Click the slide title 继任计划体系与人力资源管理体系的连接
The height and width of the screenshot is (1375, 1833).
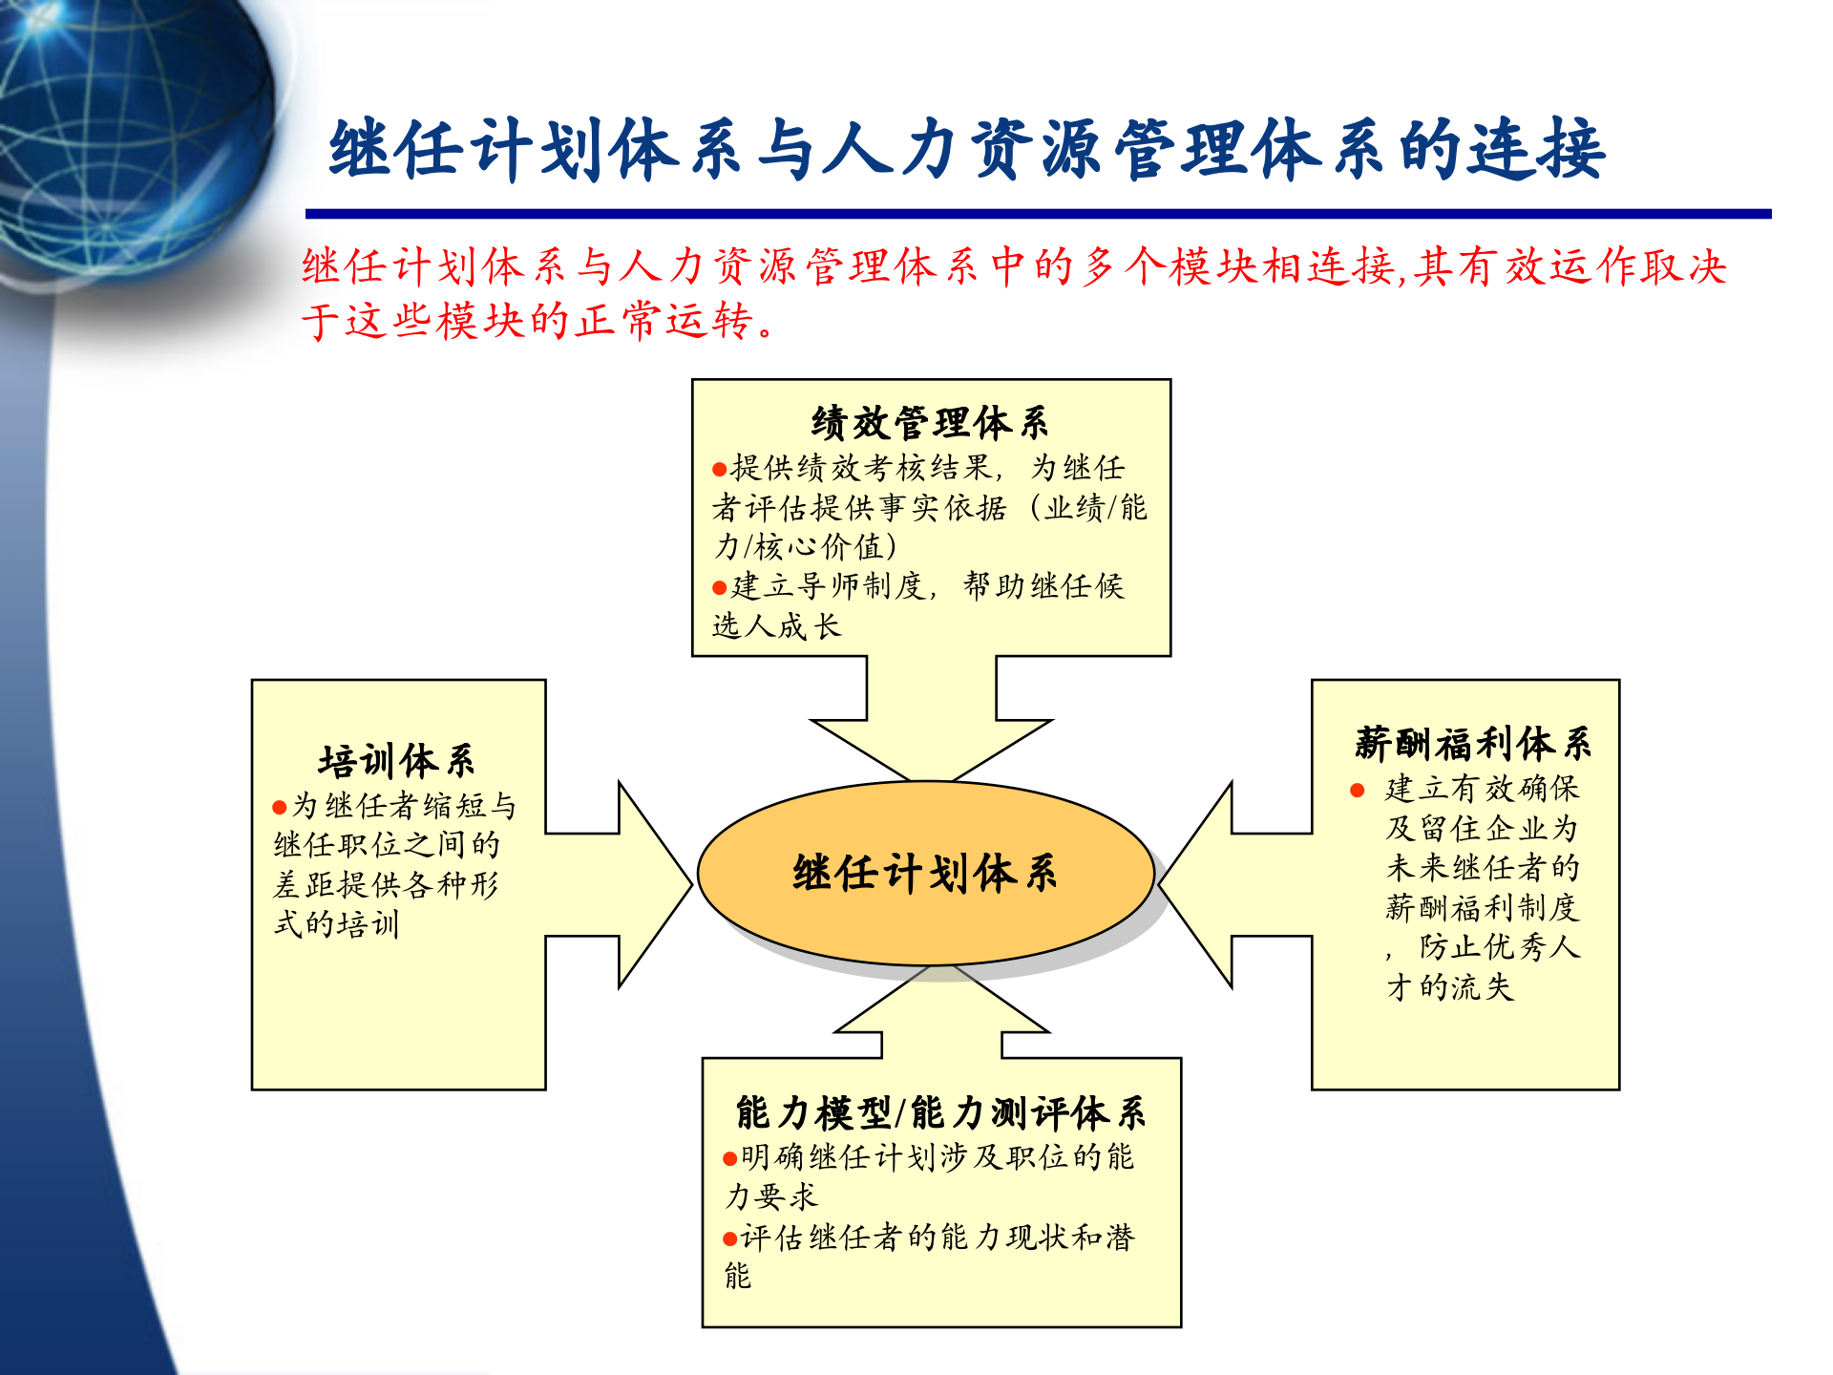click(966, 150)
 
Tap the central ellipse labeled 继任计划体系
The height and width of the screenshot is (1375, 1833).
click(924, 873)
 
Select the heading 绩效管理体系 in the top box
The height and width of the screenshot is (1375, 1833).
click(930, 422)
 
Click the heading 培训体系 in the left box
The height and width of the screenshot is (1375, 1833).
click(396, 761)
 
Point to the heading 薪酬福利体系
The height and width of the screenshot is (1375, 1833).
click(1472, 743)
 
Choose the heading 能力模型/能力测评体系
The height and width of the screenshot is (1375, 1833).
click(940, 1112)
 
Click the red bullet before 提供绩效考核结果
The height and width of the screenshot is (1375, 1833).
click(720, 470)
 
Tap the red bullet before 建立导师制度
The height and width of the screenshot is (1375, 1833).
click(720, 588)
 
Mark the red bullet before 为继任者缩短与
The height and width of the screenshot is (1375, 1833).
click(280, 808)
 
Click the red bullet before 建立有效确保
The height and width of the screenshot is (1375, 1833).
click(1358, 790)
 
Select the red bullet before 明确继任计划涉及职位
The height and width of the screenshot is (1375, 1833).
click(730, 1159)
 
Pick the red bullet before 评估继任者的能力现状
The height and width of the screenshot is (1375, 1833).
click(730, 1239)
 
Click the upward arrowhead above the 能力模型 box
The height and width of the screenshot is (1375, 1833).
click(940, 1003)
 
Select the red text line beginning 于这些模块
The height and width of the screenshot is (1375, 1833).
click(539, 321)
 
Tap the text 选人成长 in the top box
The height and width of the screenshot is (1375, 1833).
click(776, 626)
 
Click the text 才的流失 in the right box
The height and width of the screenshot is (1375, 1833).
click(1451, 987)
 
